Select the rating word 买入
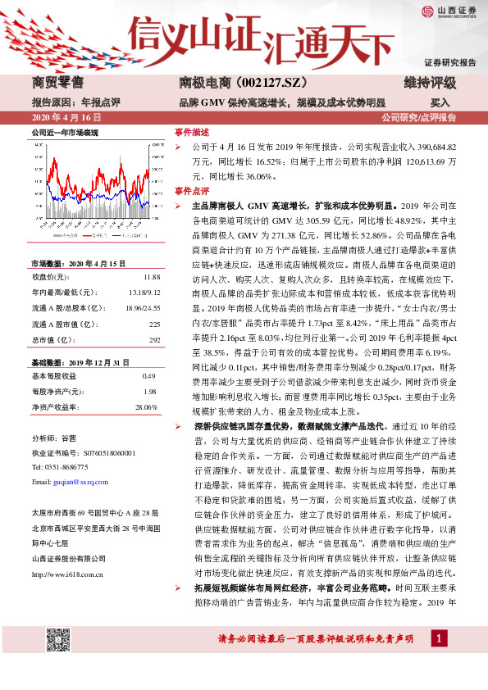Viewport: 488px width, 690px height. tap(440, 103)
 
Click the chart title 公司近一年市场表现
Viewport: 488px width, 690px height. tap(65, 133)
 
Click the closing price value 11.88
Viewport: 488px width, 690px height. tap(151, 278)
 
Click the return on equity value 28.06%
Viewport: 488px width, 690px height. tap(145, 406)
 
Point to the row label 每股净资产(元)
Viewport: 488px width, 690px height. tap(54, 391)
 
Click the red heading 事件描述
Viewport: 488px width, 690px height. tap(192, 133)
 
